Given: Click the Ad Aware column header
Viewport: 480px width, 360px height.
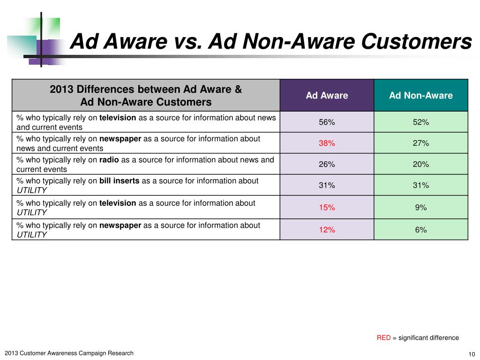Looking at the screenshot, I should [327, 96].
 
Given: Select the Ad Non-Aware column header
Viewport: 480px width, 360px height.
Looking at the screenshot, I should [420, 96].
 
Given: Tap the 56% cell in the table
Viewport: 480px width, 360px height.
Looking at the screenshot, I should [327, 122].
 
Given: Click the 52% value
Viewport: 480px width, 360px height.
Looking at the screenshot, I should [420, 122].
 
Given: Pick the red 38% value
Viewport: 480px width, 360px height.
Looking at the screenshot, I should [327, 143].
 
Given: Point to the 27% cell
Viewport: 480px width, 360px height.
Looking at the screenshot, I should [420, 143].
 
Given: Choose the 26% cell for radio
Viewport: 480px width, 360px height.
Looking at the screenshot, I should [327, 165].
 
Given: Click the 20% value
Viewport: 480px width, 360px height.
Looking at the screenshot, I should [420, 165].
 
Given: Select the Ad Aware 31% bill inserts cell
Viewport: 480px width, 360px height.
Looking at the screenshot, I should [327, 186].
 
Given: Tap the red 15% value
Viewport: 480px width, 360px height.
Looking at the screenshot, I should [327, 208].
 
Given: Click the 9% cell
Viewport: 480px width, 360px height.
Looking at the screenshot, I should [420, 208].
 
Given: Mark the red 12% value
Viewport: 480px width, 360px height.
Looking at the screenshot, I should [327, 230].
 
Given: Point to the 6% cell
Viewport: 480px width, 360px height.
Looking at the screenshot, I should [420, 230].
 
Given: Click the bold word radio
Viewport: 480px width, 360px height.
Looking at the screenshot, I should [109, 160].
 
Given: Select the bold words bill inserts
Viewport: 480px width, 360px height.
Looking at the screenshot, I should [119, 181].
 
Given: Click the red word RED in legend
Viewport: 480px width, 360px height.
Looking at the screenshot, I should [383, 337].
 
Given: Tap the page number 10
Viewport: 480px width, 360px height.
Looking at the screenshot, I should [472, 354].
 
